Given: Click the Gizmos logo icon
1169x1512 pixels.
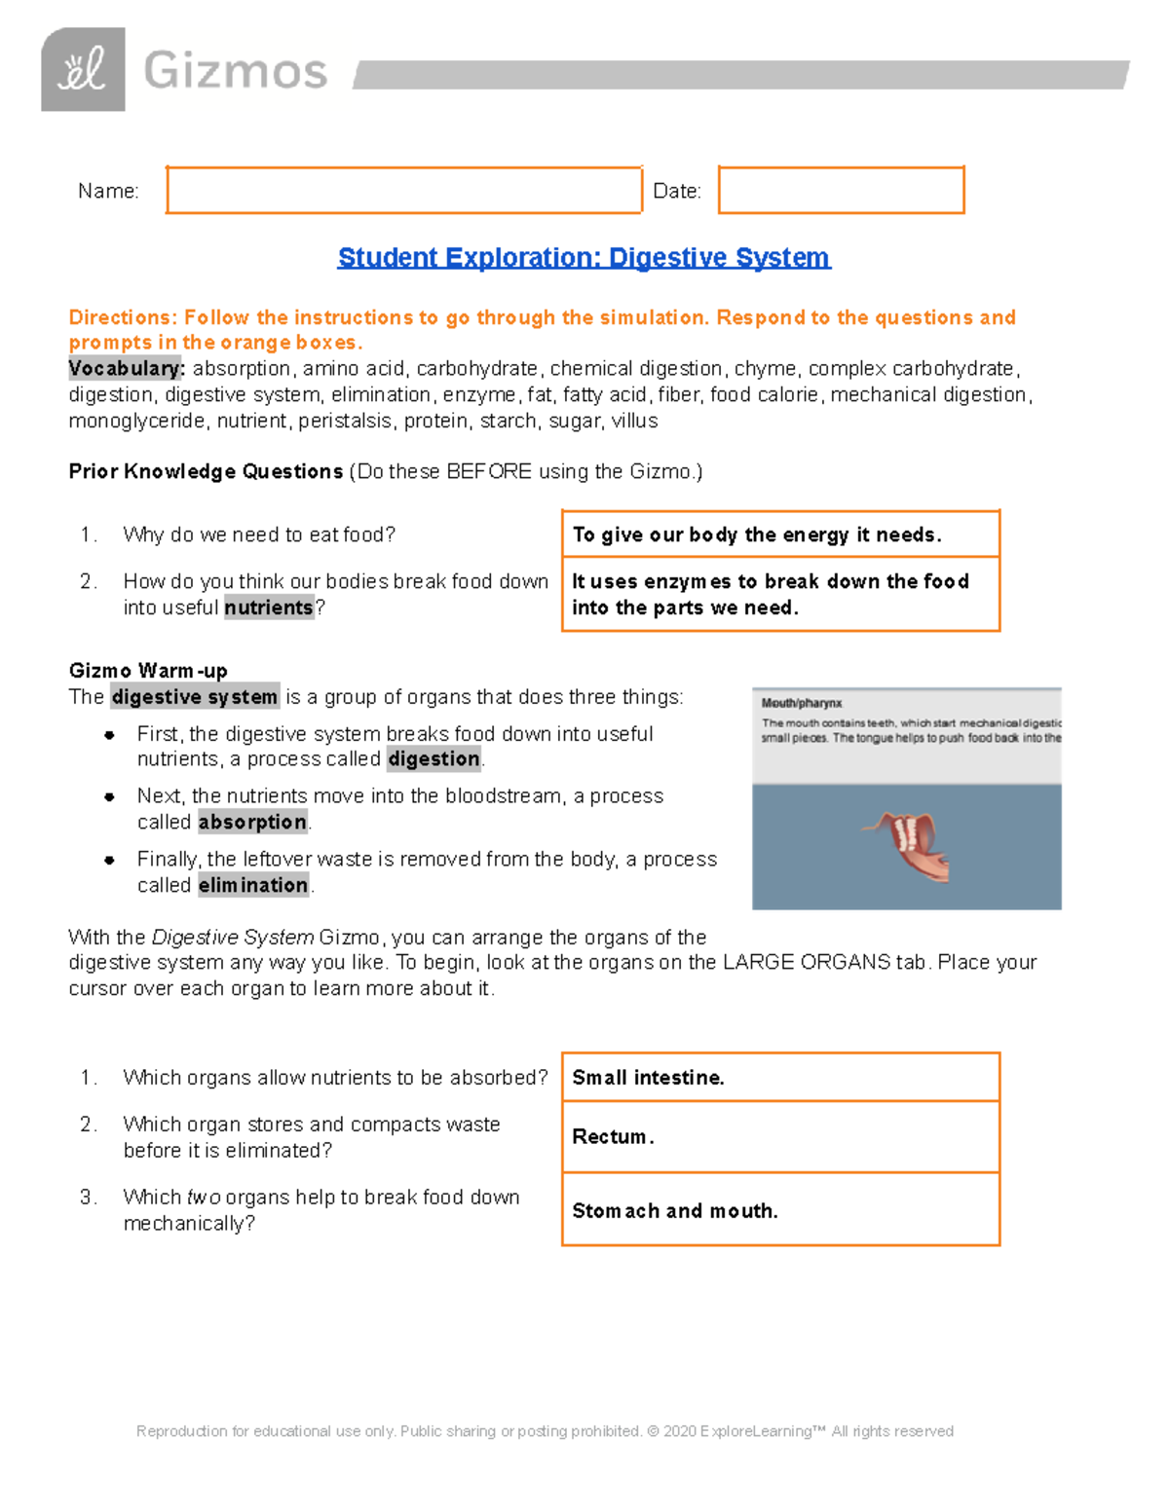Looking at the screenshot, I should (83, 69).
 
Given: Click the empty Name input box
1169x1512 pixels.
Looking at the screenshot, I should (403, 190).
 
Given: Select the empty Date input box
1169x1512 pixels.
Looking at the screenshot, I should (841, 190).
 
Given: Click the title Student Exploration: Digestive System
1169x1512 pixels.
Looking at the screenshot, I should (584, 257).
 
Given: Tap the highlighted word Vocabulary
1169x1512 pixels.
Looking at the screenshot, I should (126, 369).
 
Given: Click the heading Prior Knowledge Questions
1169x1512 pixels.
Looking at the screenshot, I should (206, 471).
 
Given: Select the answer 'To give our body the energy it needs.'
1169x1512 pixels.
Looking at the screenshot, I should (757, 535).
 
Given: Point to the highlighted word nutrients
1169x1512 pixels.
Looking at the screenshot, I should (269, 608).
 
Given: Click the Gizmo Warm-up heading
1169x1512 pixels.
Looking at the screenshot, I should (148, 671).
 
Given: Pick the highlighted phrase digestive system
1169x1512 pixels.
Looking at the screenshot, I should (195, 697).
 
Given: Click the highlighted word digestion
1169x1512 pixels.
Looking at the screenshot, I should (434, 759).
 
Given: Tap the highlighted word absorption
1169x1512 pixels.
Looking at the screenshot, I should (252, 823).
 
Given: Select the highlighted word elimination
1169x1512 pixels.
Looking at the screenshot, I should (253, 885).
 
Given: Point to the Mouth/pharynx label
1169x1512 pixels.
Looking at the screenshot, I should (802, 703).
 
